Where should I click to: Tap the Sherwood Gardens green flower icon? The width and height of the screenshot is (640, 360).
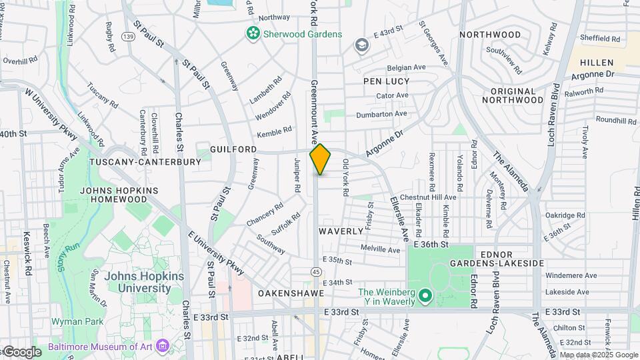point(253,33)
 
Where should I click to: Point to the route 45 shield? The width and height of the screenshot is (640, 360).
point(317,271)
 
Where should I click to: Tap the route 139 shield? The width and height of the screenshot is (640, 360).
point(129,36)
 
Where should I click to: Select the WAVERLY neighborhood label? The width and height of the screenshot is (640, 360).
point(341,231)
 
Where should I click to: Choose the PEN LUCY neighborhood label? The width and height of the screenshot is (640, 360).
point(387,81)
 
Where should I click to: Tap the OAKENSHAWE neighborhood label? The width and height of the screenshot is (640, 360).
point(291,293)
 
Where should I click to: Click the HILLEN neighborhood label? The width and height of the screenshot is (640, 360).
point(595,62)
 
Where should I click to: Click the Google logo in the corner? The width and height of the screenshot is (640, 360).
point(22,351)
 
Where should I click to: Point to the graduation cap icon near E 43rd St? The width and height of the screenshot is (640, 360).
point(362,45)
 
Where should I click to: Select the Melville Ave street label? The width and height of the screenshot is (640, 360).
point(379,250)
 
